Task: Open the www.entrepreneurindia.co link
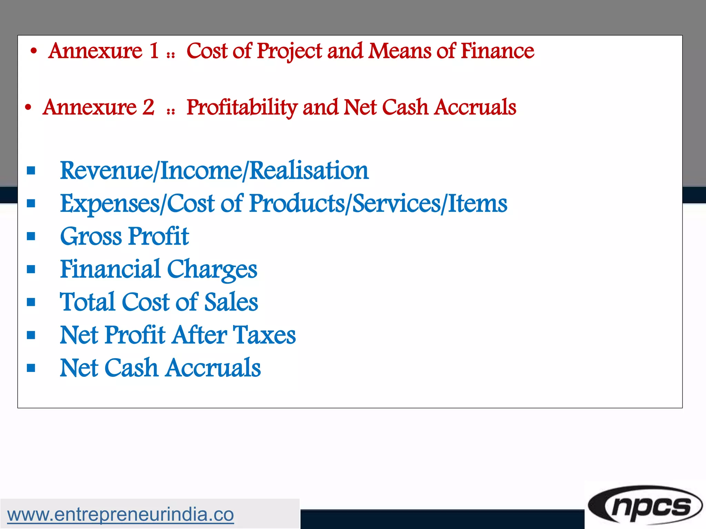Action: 120,515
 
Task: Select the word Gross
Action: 91,237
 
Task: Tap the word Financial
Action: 110,269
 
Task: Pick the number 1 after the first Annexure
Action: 154,51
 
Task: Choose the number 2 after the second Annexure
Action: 148,107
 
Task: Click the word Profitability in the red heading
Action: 242,107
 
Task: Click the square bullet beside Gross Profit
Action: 31,236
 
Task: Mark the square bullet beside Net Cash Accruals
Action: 31,368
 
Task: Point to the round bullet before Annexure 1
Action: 33,52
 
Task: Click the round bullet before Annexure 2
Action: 28,108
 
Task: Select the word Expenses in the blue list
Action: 110,204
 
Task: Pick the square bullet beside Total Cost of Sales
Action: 31,302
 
